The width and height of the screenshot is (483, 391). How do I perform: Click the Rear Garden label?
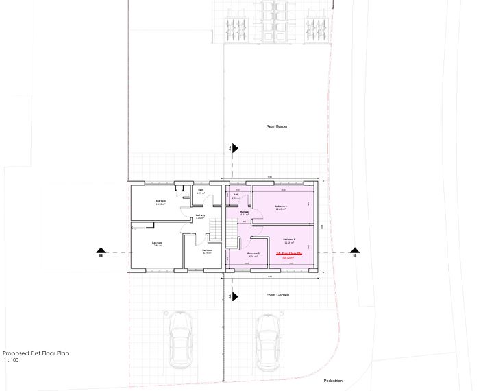pyautogui.click(x=277, y=126)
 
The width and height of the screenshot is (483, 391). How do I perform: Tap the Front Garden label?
pyautogui.click(x=277, y=295)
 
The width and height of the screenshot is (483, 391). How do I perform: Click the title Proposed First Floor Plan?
pyautogui.click(x=36, y=353)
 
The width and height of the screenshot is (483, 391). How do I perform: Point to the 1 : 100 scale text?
pyautogui.click(x=11, y=359)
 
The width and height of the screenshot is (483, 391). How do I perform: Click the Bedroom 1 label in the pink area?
pyautogui.click(x=280, y=207)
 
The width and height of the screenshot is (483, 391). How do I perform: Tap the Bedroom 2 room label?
pyautogui.click(x=288, y=240)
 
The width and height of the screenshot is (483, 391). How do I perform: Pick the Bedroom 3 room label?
pyautogui.click(x=253, y=254)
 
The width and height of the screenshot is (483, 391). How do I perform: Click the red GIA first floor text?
pyautogui.click(x=288, y=254)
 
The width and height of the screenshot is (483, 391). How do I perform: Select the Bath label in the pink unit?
pyautogui.click(x=235, y=195)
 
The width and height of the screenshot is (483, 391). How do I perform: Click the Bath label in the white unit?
pyautogui.click(x=201, y=191)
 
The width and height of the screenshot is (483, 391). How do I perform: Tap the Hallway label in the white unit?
pyautogui.click(x=200, y=216)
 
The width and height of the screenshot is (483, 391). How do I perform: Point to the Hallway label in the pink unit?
pyautogui.click(x=245, y=213)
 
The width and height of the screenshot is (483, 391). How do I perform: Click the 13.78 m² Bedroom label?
pyautogui.click(x=160, y=202)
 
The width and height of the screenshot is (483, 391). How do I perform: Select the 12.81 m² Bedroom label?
pyautogui.click(x=157, y=244)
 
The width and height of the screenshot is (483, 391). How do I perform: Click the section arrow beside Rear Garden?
pyautogui.click(x=234, y=147)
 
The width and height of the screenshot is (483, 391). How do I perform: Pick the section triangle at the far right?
pyautogui.click(x=355, y=252)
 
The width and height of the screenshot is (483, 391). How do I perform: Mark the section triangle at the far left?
pyautogui.click(x=100, y=252)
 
